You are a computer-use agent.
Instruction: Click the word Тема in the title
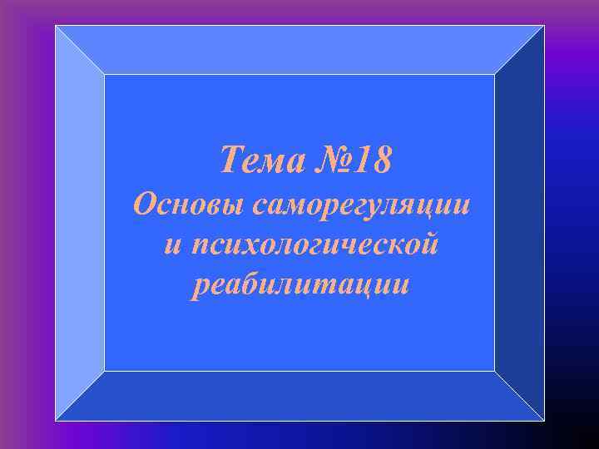[x=255, y=160]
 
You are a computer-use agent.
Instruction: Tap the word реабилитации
[x=299, y=284]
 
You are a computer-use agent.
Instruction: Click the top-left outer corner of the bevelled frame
[x=56, y=26]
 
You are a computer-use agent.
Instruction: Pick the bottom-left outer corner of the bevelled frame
[x=56, y=420]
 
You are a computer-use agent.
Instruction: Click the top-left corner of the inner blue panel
[x=105, y=75]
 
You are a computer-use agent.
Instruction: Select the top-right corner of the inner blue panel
[x=494, y=75]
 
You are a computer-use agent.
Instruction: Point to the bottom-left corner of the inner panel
[x=105, y=370]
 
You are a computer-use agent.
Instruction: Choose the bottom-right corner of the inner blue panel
[x=494, y=370]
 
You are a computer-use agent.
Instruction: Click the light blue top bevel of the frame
[x=299, y=50]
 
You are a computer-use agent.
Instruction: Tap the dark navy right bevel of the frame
[x=519, y=223]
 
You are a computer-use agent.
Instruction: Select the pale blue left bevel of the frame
[x=80, y=223]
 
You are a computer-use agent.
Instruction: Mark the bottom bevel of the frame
[x=299, y=396]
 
